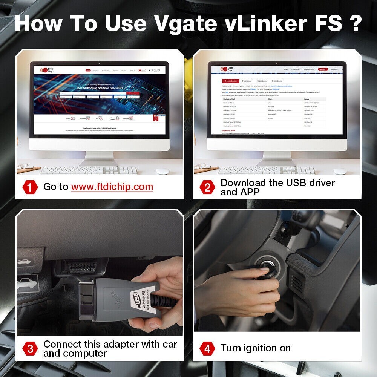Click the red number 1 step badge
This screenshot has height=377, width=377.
point(30,187)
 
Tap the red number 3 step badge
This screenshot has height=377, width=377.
point(30,349)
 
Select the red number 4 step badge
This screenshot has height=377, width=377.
point(207,348)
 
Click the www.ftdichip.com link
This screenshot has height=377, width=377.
point(112,187)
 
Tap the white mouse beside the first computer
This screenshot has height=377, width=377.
point(162,171)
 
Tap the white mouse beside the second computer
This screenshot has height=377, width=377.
point(340,171)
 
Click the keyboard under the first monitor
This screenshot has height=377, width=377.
point(89,171)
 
